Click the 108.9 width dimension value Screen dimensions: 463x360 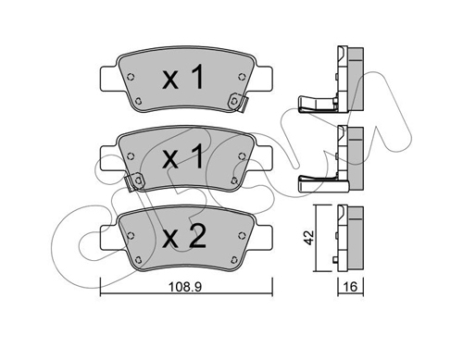184,287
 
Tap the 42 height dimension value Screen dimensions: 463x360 309,238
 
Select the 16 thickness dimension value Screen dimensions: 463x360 350,287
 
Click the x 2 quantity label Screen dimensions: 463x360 184,236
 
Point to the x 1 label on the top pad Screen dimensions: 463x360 183,77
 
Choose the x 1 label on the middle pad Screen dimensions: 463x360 183,156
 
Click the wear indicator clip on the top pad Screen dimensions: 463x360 238,102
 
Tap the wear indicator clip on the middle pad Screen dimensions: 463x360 134,182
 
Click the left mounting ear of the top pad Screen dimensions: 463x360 107,79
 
